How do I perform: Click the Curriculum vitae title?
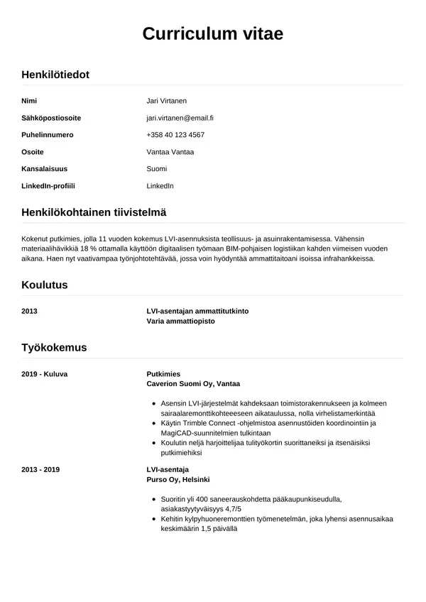212,33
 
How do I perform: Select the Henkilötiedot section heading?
55,75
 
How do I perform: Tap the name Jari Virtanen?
166,101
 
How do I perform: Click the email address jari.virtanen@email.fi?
180,118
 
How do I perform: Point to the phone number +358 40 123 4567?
175,135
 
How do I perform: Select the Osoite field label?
33,152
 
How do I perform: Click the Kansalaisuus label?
45,169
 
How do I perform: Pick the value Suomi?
156,169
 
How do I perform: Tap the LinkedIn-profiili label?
48,186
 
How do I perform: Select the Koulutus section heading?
45,285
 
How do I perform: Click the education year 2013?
30,311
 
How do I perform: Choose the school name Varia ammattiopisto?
180,321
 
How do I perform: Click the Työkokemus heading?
54,347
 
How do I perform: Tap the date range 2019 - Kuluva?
45,373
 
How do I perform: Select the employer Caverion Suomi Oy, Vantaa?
193,383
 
